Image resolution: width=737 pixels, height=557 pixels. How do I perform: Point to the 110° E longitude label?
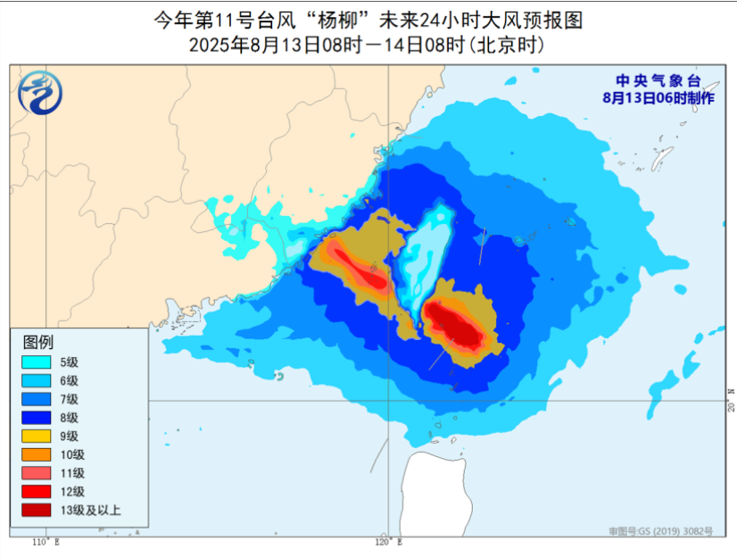pyautogui.click(x=45, y=542)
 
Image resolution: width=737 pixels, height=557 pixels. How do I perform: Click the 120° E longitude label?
pyautogui.click(x=387, y=542)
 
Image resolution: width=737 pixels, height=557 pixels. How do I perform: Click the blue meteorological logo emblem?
pyautogui.click(x=38, y=92)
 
